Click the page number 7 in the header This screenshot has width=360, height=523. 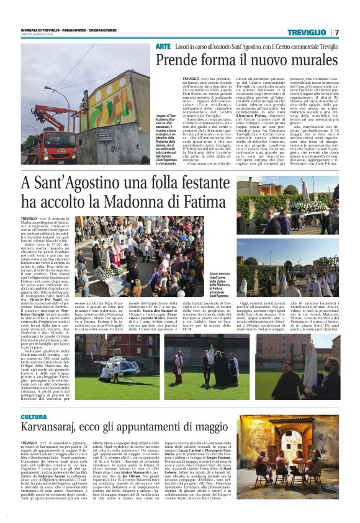click(x=336, y=32)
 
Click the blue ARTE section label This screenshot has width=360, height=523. click(x=163, y=47)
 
